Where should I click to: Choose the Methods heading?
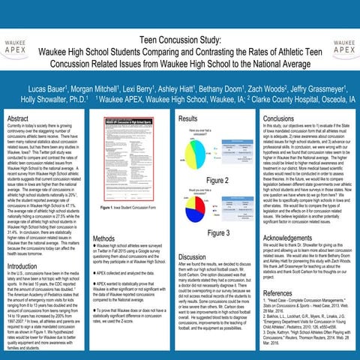[x=103, y=238]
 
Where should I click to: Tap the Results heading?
[x=188, y=118]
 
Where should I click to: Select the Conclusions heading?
[x=279, y=118]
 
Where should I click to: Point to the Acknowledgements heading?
[x=293, y=237]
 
